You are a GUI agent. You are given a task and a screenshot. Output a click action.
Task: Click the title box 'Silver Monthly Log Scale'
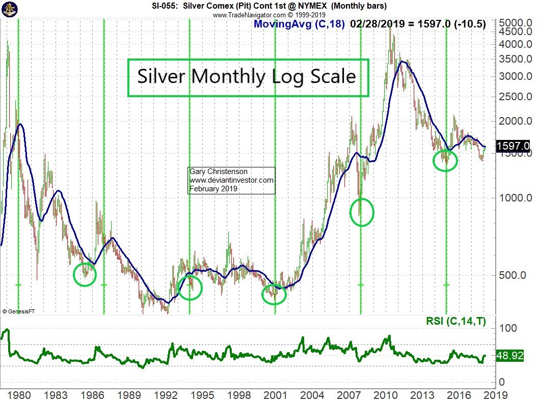248,77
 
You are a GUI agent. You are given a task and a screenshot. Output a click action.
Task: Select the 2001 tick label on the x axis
275,395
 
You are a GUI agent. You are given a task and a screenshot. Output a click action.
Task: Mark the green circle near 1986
85,275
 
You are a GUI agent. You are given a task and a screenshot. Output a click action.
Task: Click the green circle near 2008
362,212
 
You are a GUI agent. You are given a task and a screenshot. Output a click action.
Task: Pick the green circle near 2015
445,161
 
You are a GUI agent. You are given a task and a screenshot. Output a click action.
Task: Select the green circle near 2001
274,294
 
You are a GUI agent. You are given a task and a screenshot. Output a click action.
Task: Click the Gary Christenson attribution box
232,180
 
